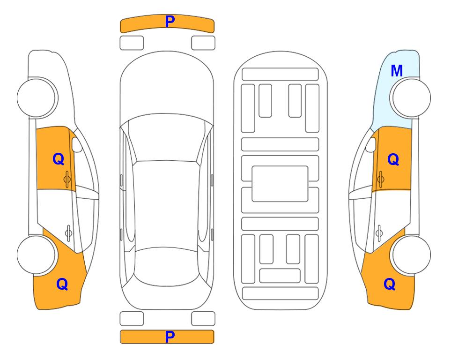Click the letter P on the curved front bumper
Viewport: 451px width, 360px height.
(170, 22)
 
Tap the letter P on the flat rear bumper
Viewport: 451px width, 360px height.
(170, 337)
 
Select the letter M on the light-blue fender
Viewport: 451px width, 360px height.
(397, 71)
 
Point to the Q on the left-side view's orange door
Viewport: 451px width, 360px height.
(59, 159)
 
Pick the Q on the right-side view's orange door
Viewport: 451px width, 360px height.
(393, 159)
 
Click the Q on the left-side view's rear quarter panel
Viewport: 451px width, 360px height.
(62, 284)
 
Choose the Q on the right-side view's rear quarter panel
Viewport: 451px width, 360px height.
(390, 284)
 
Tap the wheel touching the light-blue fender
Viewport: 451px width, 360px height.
(410, 98)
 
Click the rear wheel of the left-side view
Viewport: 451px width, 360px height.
(37, 255)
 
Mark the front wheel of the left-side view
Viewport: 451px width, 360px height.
(37, 98)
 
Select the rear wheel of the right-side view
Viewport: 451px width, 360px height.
(410, 255)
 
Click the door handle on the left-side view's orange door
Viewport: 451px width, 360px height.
(67, 179)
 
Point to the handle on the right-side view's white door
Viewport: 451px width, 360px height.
(379, 233)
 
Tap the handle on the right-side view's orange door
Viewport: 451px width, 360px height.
(381, 179)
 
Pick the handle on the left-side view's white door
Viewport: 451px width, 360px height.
(68, 232)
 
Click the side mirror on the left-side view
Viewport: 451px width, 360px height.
(77, 144)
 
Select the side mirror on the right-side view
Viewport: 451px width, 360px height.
(371, 144)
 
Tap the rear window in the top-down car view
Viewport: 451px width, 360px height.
(167, 266)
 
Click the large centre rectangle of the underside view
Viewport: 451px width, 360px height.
(280, 184)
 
